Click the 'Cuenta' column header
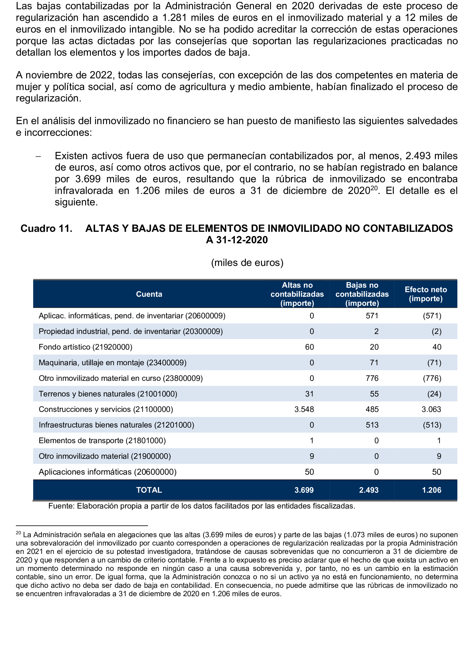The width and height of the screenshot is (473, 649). click(x=149, y=294)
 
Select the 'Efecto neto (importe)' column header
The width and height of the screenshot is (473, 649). click(x=426, y=294)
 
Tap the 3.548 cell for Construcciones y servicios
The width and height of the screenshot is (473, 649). click(x=304, y=409)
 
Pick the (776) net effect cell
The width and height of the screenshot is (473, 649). click(x=432, y=378)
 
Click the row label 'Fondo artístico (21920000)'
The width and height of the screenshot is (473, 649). click(x=85, y=347)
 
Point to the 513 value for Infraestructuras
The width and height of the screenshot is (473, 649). click(x=372, y=425)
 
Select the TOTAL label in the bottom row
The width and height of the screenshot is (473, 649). click(x=149, y=490)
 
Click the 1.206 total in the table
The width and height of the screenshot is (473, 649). click(x=431, y=490)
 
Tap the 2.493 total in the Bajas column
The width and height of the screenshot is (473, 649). click(x=369, y=490)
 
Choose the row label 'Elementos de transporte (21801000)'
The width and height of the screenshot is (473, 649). click(x=102, y=440)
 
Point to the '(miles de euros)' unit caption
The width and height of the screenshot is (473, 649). click(x=247, y=263)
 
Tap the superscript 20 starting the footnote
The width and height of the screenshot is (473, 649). click(x=18, y=533)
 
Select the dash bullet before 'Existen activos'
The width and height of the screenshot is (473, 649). click(x=38, y=156)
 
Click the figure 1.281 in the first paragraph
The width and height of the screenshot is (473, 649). click(x=174, y=18)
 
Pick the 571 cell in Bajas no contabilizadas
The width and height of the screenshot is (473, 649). click(x=372, y=316)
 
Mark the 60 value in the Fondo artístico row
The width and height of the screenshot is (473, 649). click(x=309, y=347)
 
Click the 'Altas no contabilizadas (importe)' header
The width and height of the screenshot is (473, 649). click(x=297, y=294)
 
